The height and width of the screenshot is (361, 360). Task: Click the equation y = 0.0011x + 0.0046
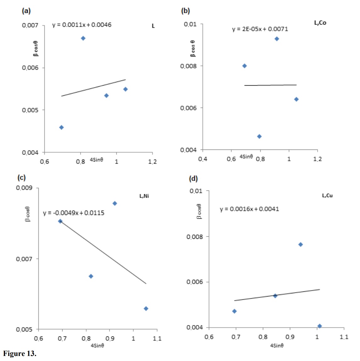[x=82, y=25]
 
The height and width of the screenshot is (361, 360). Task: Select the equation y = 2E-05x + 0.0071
[x=260, y=29]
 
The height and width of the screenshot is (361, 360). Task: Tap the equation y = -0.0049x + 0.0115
[x=74, y=213]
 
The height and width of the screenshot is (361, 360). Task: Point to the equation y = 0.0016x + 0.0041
[x=249, y=209]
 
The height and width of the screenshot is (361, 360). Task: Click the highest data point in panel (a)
[x=83, y=38]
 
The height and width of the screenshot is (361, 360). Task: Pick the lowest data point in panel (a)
[x=62, y=127]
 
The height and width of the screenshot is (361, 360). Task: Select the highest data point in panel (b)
[x=277, y=39]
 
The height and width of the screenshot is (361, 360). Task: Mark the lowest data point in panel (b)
[x=259, y=137]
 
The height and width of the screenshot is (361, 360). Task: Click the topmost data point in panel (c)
[x=115, y=204]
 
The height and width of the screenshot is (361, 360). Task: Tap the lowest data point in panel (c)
[x=146, y=309]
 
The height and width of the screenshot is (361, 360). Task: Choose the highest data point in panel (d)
[x=301, y=245]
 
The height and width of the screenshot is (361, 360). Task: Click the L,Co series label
[x=320, y=23]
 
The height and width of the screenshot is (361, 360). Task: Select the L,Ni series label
[x=144, y=196]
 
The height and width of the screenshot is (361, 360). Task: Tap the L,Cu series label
[x=327, y=195]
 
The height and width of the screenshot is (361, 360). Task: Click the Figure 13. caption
[x=19, y=353]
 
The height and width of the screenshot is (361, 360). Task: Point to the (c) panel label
[x=21, y=178]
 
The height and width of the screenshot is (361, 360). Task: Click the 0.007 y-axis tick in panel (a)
[x=30, y=25]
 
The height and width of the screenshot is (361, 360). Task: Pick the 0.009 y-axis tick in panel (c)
[x=24, y=188]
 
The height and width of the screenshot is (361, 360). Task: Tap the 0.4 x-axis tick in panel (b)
[x=202, y=159]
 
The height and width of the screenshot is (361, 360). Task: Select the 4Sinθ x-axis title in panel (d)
[x=277, y=346]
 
